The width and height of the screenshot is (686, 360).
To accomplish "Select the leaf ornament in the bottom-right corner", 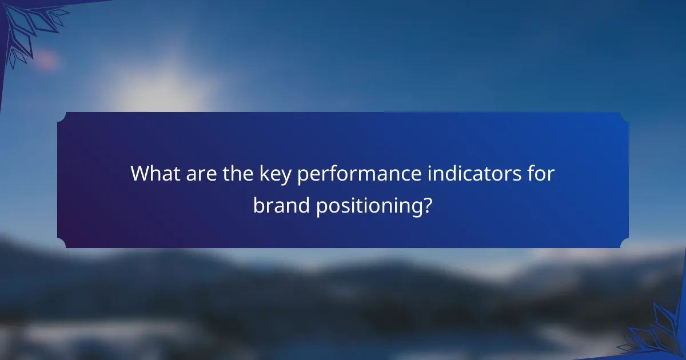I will coord(657,331).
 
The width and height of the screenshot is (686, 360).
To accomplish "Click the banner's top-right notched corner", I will coord(624,117).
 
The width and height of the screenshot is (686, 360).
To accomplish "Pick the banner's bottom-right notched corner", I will coord(624,243).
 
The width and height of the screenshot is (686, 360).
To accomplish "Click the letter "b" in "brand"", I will coord(258,205).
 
